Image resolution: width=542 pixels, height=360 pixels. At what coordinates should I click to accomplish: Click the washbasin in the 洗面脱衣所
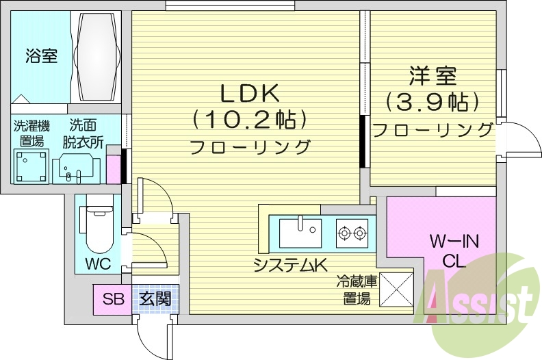point(77,166)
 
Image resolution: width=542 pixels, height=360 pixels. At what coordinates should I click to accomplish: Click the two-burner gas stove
point(352,233)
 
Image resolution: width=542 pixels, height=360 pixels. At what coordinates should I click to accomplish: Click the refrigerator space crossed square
point(396,289)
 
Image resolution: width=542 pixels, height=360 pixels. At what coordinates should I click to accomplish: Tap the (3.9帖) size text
point(432,102)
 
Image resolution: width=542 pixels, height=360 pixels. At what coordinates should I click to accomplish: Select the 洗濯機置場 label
point(31,133)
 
